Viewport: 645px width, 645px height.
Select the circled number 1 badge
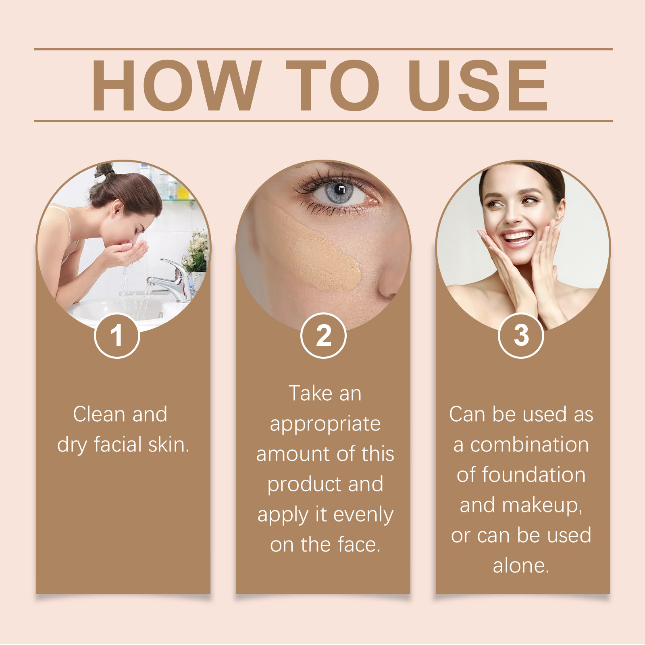tap(117, 335)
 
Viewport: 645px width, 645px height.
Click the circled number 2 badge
tap(323, 335)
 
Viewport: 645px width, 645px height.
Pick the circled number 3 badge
tap(521, 335)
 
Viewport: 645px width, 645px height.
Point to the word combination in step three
tap(529, 445)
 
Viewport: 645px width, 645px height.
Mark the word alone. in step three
tap(521, 566)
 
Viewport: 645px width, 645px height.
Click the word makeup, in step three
tap(542, 506)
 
